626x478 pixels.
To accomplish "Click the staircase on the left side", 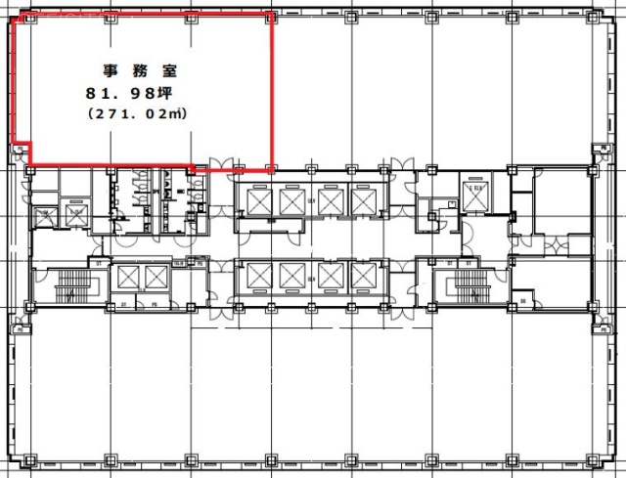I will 73,284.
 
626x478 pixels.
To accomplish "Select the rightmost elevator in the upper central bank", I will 362,200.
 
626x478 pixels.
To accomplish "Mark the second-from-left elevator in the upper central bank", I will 292,200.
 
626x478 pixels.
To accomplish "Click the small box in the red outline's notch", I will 20,149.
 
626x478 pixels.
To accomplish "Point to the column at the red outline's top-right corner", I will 272,18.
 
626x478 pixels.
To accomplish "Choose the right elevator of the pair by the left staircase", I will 157,278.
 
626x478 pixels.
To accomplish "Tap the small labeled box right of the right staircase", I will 523,299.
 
